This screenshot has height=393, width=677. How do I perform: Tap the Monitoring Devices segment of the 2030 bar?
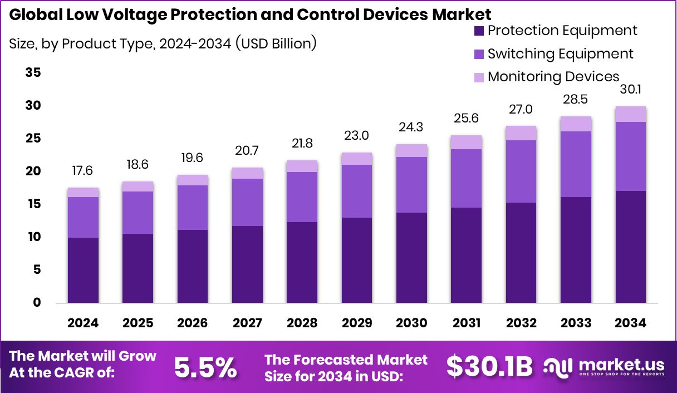tap(411, 150)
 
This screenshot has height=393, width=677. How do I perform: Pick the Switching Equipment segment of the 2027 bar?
tap(247, 202)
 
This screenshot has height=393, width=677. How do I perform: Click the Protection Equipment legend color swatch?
tap(479, 31)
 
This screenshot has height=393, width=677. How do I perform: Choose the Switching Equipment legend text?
tap(560, 54)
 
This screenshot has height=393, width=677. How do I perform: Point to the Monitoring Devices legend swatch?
tap(479, 77)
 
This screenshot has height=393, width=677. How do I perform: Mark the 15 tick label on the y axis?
tap(33, 204)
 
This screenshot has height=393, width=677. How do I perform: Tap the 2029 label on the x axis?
tap(356, 323)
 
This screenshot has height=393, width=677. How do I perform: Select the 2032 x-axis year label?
tap(521, 323)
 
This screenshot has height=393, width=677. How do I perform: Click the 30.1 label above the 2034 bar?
tap(630, 90)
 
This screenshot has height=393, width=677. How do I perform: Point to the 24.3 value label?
tap(411, 127)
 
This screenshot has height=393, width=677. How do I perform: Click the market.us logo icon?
tap(557, 366)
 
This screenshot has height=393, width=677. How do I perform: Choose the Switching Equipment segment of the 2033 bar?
tap(576, 164)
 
